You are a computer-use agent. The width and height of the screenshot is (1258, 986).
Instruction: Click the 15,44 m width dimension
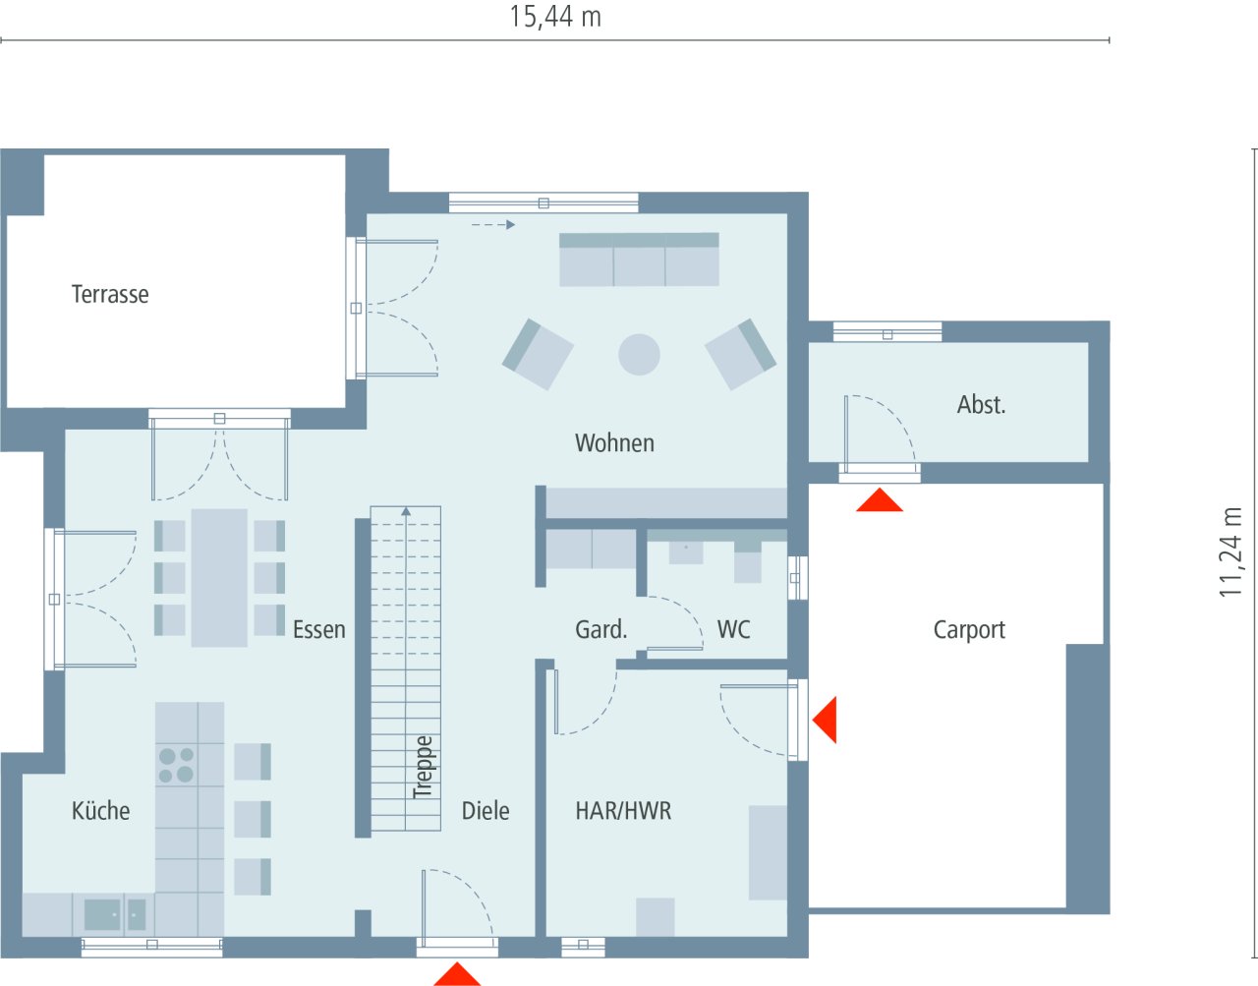pos(554,17)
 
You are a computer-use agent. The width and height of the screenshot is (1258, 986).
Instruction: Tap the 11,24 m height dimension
pos(1230,551)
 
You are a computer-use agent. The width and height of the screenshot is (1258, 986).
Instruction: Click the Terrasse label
pos(110,294)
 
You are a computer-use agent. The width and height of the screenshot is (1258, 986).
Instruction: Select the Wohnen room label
pos(614,443)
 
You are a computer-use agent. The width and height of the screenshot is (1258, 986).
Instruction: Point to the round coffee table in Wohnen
pos(639,354)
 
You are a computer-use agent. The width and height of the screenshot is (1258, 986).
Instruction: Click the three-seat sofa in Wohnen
pos(639,260)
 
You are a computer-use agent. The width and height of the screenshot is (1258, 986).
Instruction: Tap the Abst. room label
pos(981,404)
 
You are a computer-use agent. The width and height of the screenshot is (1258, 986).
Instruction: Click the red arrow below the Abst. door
pos(879,501)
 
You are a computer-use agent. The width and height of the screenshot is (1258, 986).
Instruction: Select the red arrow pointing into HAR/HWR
pos(826,720)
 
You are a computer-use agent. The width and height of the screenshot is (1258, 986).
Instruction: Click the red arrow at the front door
pos(457,974)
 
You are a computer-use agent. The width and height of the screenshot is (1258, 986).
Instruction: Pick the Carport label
pos(969,630)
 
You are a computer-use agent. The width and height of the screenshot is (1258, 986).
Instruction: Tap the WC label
pos(733,630)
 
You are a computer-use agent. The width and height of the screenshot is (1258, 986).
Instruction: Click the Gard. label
pos(600,630)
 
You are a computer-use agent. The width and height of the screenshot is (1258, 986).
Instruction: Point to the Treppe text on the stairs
pos(423,767)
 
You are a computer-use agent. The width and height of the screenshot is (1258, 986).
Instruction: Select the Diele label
pos(486,811)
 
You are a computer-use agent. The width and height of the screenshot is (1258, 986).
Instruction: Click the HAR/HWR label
pos(623,811)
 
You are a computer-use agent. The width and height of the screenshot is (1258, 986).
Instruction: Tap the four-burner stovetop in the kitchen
pos(176,765)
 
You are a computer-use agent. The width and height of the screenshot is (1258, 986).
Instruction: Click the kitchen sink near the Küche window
pos(102,914)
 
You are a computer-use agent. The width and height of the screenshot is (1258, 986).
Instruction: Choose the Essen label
pos(318,630)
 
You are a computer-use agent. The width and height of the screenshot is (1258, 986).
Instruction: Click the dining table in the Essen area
pos(219,577)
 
